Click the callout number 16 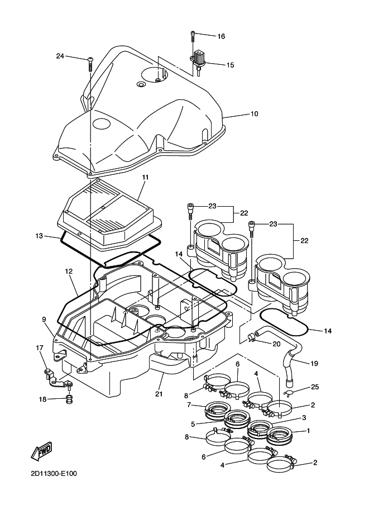221,36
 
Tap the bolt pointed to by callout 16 193,36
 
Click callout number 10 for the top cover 254,113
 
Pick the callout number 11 145,177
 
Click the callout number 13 39,236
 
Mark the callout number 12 69,271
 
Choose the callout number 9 43,320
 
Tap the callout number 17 40,348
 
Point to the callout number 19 314,364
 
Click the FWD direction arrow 40,451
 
